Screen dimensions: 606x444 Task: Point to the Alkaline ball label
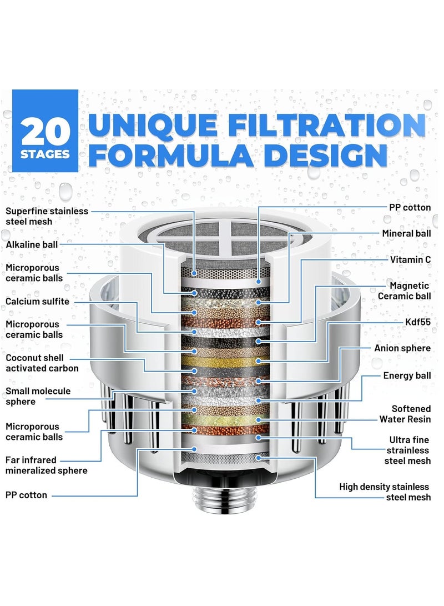pyautogui.click(x=32, y=244)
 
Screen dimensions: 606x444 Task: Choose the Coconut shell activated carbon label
pyautogui.click(x=42, y=363)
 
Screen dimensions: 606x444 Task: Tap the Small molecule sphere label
pyautogui.click(x=38, y=396)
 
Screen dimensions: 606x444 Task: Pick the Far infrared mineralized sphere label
pyautogui.click(x=47, y=465)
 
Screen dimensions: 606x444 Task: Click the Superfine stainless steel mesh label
pyautogui.click(x=47, y=217)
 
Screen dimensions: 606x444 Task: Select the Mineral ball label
pyautogui.click(x=406, y=233)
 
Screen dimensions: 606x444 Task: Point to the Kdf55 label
pyautogui.click(x=418, y=322)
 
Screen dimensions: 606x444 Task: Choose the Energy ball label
pyautogui.click(x=407, y=376)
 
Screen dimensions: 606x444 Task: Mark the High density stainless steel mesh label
pyautogui.click(x=385, y=492)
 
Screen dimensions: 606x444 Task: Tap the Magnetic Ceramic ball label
pyautogui.click(x=405, y=291)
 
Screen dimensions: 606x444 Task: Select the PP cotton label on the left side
pyautogui.click(x=27, y=495)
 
